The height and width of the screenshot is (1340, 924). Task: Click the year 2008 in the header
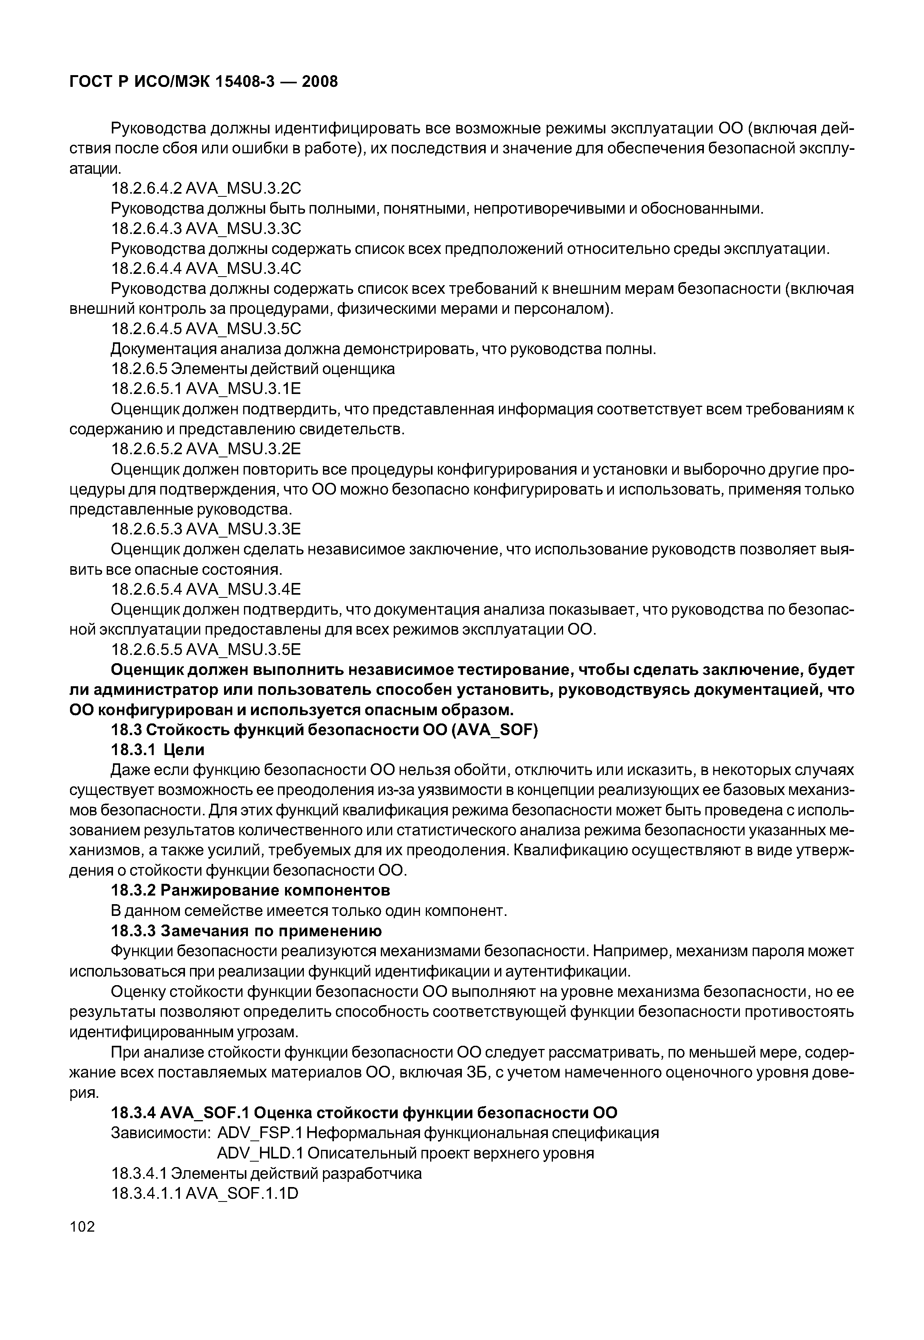pyautogui.click(x=319, y=82)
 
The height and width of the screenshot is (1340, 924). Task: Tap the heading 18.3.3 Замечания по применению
pyautogui.click(x=246, y=931)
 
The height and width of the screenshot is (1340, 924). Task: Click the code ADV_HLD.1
pyautogui.click(x=260, y=1153)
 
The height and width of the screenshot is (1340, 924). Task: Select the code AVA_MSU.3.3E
pyautogui.click(x=244, y=529)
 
